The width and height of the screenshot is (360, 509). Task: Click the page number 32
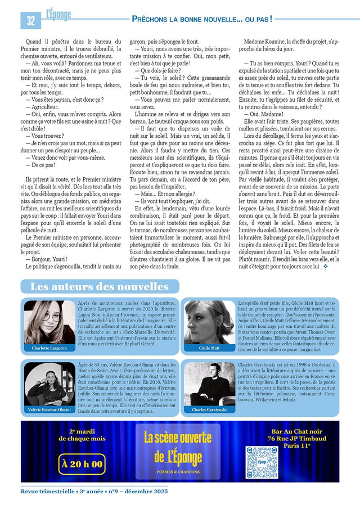pyautogui.click(x=30, y=20)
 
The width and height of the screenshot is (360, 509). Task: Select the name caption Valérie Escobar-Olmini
pyautogui.click(x=49, y=410)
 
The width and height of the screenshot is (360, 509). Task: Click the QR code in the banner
pyautogui.click(x=262, y=462)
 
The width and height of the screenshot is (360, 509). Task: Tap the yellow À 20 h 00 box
pyautogui.click(x=82, y=464)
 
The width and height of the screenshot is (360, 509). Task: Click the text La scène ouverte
pyautogui.click(x=177, y=438)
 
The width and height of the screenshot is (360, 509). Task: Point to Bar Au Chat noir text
pyautogui.click(x=289, y=431)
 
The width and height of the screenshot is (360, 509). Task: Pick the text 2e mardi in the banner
pyautogui.click(x=82, y=431)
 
